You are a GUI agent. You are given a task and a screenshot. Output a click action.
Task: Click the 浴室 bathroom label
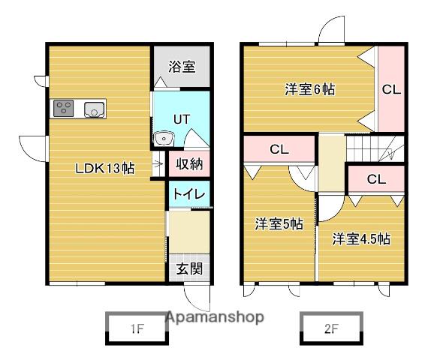click(182, 66)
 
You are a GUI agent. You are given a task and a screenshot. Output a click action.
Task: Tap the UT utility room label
click(182, 119)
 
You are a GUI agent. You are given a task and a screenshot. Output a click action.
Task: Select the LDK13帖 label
click(105, 168)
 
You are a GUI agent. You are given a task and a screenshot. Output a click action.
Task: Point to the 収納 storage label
click(189, 164)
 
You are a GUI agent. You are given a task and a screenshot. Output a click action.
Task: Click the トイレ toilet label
click(189, 194)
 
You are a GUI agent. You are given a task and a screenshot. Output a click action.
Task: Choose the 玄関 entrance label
click(189, 268)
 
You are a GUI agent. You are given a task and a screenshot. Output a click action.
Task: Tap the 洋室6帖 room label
click(310, 89)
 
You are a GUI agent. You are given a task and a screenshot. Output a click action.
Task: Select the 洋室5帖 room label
click(279, 224)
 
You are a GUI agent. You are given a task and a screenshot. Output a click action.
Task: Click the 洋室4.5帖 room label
click(361, 238)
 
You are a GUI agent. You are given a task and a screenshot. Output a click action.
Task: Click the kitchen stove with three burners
click(63, 108)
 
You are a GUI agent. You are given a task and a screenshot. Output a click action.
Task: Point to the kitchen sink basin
click(95, 109)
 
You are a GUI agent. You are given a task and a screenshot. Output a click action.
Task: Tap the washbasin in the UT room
click(164, 139)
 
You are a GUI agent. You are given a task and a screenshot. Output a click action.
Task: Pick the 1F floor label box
click(137, 329)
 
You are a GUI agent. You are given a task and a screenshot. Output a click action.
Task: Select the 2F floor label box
click(331, 329)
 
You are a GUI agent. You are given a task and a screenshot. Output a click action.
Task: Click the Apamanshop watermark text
click(215, 317)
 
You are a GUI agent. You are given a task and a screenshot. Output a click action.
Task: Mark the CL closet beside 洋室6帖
click(391, 89)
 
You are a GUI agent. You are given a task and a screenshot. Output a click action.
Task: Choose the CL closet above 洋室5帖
click(279, 149)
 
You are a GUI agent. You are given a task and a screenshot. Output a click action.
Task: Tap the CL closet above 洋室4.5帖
click(376, 179)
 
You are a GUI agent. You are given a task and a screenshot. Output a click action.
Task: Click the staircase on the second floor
click(375, 148)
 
